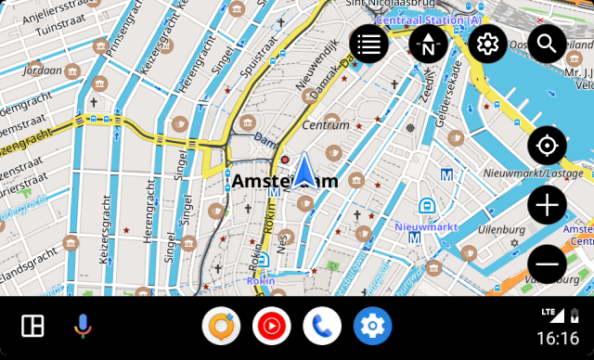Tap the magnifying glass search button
[x=547, y=43]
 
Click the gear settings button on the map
[x=487, y=43]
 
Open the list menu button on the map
[x=368, y=43]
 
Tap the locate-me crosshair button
[x=547, y=146]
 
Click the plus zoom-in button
[x=547, y=205]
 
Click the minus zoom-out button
[x=547, y=264]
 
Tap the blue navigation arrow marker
[x=303, y=173]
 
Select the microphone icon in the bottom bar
[x=83, y=326]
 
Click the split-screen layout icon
[x=32, y=326]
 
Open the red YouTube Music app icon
[x=271, y=326]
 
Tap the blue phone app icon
[x=322, y=326]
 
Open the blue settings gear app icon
[x=372, y=326]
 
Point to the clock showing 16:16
[x=557, y=338]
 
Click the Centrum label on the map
[x=326, y=125]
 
